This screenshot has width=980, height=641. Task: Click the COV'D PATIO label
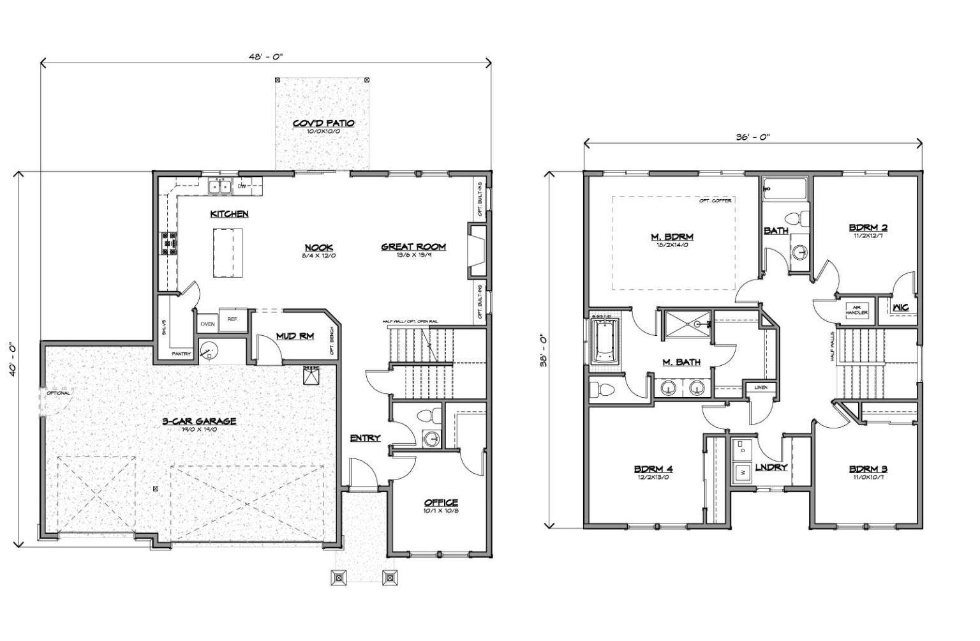pyautogui.click(x=323, y=123)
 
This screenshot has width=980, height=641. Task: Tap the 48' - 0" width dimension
pyautogui.click(x=265, y=56)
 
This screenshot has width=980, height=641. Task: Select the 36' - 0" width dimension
pyautogui.click(x=753, y=137)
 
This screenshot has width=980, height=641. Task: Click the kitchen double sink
pyautogui.click(x=220, y=186)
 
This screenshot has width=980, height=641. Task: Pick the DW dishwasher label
pyautogui.click(x=242, y=186)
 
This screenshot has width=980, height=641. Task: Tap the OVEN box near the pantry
pyautogui.click(x=207, y=324)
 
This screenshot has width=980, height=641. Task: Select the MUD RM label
pyautogui.click(x=294, y=336)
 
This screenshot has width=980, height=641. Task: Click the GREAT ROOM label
pyautogui.click(x=413, y=246)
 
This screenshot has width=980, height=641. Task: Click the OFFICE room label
pyautogui.click(x=441, y=502)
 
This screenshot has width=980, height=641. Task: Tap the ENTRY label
pyautogui.click(x=365, y=437)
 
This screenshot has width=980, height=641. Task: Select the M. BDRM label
pyautogui.click(x=672, y=237)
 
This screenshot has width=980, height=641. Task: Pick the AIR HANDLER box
pyautogui.click(x=856, y=310)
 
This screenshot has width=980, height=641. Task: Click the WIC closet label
pyautogui.click(x=900, y=308)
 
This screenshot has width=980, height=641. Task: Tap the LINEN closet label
pyautogui.click(x=761, y=388)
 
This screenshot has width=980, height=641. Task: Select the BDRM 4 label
pyautogui.click(x=653, y=469)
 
